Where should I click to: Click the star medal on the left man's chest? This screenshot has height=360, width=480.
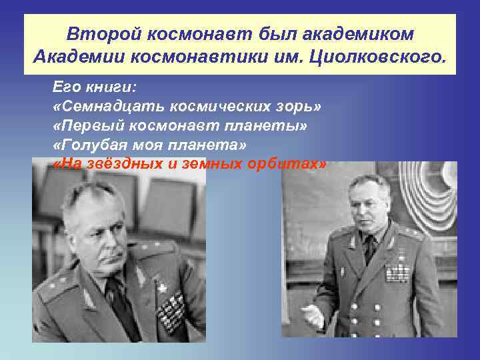(x=161, y=288)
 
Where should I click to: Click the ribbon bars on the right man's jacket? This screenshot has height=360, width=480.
(x=398, y=271)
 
